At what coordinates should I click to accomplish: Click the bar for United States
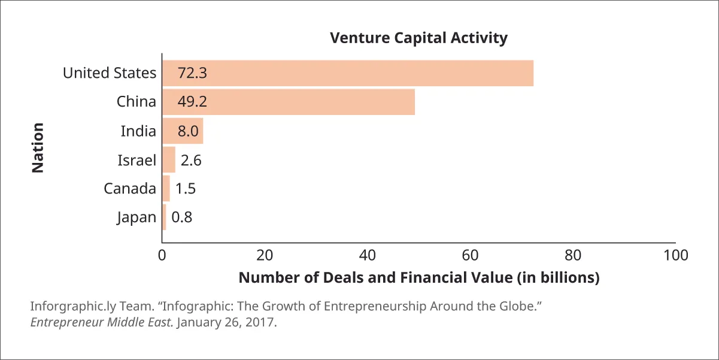(347, 73)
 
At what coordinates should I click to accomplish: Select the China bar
(288, 102)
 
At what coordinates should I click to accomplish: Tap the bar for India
(183, 131)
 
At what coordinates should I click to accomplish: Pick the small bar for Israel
(168, 160)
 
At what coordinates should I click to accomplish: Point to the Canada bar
(166, 189)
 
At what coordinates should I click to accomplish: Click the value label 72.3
(192, 73)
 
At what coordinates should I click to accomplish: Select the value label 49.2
(192, 102)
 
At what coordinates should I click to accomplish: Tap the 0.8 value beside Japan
(181, 217)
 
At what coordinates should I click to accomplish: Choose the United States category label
(110, 73)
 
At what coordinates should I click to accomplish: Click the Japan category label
(136, 217)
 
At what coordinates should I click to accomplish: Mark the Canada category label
(130, 189)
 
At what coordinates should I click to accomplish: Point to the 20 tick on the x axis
(265, 255)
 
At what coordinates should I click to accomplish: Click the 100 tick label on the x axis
(676, 255)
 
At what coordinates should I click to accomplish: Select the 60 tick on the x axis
(471, 255)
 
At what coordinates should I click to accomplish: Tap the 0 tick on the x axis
(162, 255)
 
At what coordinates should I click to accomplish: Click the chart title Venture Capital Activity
(418, 38)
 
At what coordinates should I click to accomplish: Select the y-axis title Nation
(38, 148)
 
